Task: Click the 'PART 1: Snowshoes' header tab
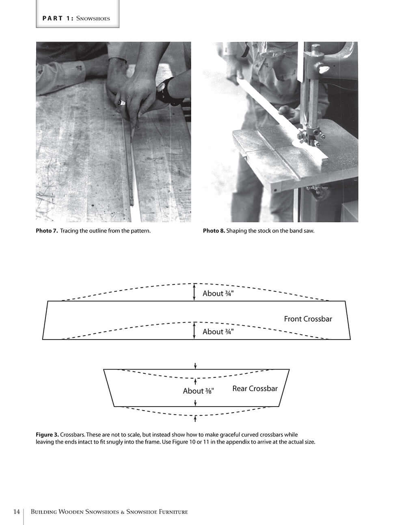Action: [76, 18]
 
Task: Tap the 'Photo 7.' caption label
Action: [47, 231]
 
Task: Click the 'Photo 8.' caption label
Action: [214, 231]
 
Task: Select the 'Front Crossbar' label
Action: [308, 319]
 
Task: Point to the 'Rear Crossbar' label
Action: [255, 389]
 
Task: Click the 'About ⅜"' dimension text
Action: [199, 391]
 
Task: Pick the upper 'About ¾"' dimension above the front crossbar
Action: [218, 293]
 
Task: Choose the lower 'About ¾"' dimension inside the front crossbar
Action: [218, 331]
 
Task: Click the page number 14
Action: [16, 512]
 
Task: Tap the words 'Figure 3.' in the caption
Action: [47, 435]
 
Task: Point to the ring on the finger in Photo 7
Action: [121, 103]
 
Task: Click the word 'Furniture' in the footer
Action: [173, 512]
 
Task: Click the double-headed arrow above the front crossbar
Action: [194, 292]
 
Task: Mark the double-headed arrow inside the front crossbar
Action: [194, 330]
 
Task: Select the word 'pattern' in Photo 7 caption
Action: [140, 231]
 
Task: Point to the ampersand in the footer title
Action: [122, 512]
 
